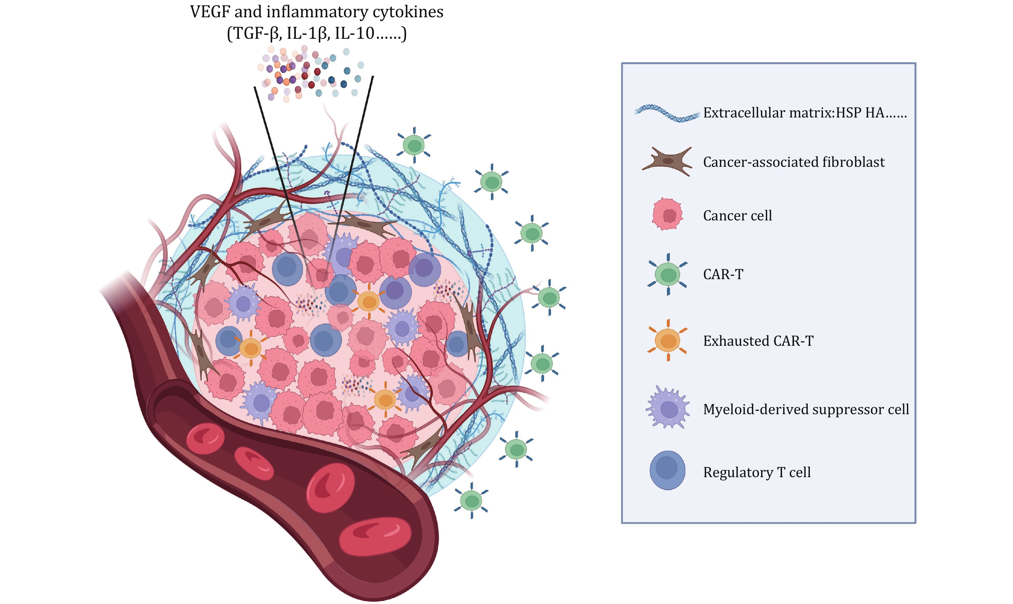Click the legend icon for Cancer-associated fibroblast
[x=668, y=162]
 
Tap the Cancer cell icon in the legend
[x=668, y=214]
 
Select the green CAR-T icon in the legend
[x=668, y=274]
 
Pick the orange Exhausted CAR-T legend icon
[x=668, y=340]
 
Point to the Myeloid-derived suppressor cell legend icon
[x=668, y=408]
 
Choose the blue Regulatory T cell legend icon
[x=668, y=470]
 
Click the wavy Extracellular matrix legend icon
[x=668, y=114]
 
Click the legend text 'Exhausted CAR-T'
[x=758, y=341]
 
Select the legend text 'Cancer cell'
[x=737, y=215]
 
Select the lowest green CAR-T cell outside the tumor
[x=471, y=500]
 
